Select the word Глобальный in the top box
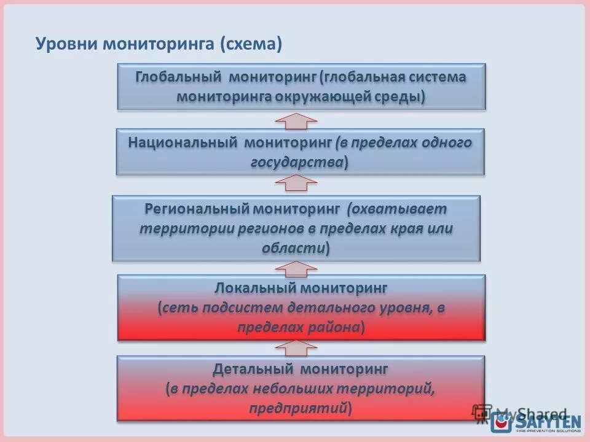coord(179,77)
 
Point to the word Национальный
coord(183,142)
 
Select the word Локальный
coord(256,287)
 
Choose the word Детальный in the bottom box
coord(253,369)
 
